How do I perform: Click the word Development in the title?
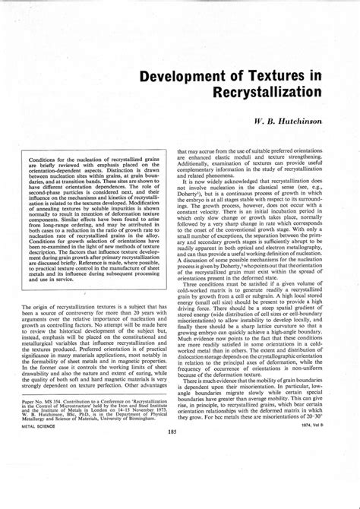click(x=182, y=78)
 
